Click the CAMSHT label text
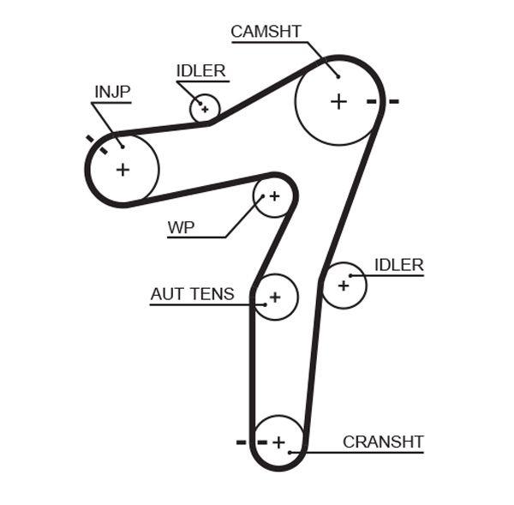tap(266, 32)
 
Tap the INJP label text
tap(112, 92)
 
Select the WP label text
tap(181, 227)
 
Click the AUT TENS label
tap(192, 294)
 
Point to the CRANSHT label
tap(383, 442)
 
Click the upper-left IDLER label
tap(200, 71)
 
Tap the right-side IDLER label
tap(398, 265)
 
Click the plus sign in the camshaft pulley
tap(338, 101)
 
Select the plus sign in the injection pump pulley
tap(123, 169)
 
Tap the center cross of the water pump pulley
tap(274, 196)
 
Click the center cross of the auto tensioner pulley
tap(275, 298)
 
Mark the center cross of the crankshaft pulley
tap(278, 442)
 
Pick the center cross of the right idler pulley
tap(344, 285)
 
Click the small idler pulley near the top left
tap(205, 109)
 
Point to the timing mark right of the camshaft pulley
tap(382, 101)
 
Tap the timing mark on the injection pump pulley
tap(96, 143)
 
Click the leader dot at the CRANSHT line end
tap(291, 452)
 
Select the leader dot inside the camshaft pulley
tap(338, 77)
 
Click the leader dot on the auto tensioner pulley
tap(266, 304)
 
